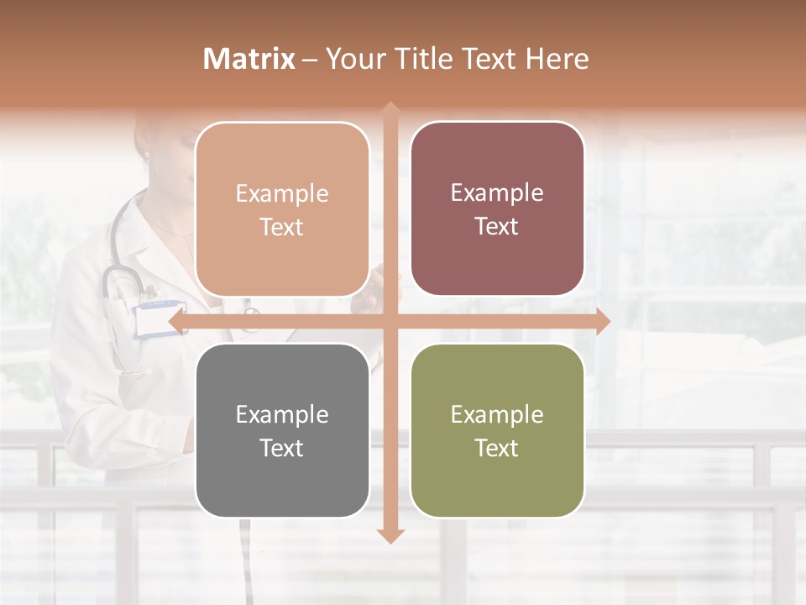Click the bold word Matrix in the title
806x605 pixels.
(249, 59)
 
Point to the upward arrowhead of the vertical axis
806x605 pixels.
(389, 109)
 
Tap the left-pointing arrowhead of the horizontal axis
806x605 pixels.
(176, 321)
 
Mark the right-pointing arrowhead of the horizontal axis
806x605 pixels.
(602, 321)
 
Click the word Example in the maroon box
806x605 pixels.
(497, 193)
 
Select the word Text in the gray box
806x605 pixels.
(282, 448)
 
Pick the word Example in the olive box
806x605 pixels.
(497, 414)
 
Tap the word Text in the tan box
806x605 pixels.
(282, 227)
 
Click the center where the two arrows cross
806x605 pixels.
(389, 321)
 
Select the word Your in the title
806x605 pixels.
(353, 59)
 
